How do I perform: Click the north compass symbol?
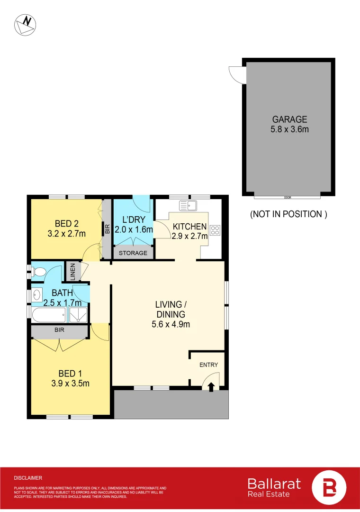pyautogui.click(x=25, y=25)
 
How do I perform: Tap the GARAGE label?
pyautogui.click(x=289, y=119)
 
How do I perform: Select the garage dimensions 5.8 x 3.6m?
pyautogui.click(x=289, y=129)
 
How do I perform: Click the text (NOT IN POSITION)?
pyautogui.click(x=288, y=214)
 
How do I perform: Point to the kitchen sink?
pyautogui.click(x=188, y=205)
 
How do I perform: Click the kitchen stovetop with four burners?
pyautogui.click(x=215, y=230)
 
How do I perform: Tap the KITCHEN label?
pyautogui.click(x=189, y=227)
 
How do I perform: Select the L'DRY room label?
pyautogui.click(x=133, y=220)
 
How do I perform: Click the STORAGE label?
pyautogui.click(x=133, y=253)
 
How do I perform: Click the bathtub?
pyautogui.click(x=49, y=313)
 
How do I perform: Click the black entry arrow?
pyautogui.click(x=210, y=386)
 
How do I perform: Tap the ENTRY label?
pyautogui.click(x=209, y=365)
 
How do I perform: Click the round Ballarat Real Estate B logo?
pyautogui.click(x=329, y=487)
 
